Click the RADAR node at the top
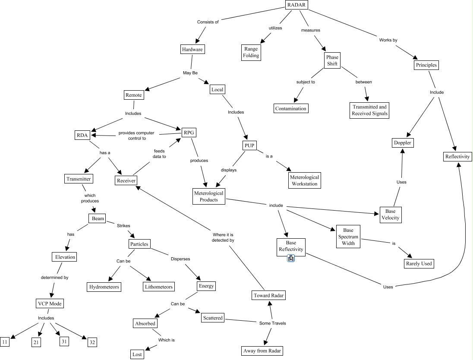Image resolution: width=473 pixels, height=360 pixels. pyautogui.click(x=296, y=5)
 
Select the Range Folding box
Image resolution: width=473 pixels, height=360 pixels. pyautogui.click(x=251, y=52)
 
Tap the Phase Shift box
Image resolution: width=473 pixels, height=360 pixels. pyautogui.click(x=332, y=60)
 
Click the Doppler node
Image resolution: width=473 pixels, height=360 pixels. pyautogui.click(x=403, y=143)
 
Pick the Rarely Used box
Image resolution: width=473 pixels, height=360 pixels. pyautogui.click(x=419, y=263)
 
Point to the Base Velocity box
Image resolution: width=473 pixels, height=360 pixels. pyautogui.click(x=390, y=215)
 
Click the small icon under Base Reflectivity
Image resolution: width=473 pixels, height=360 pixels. pyautogui.click(x=291, y=258)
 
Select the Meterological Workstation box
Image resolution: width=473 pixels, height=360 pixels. pyautogui.click(x=304, y=180)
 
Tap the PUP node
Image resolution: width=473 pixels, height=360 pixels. pyautogui.click(x=249, y=145)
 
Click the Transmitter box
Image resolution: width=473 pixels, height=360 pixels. pyautogui.click(x=79, y=179)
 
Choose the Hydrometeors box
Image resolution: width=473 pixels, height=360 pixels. pyautogui.click(x=104, y=287)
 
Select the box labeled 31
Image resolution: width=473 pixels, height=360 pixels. pyautogui.click(x=64, y=341)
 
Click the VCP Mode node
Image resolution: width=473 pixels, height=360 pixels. pyautogui.click(x=50, y=303)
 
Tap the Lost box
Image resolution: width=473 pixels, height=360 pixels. pyautogui.click(x=137, y=354)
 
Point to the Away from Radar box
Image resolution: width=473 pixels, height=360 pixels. pyautogui.click(x=262, y=351)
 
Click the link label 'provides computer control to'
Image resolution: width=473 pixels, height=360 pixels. pyautogui.click(x=136, y=136)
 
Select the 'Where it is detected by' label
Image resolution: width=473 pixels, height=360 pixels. pyautogui.click(x=223, y=237)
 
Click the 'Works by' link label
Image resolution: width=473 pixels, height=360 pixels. pyautogui.click(x=388, y=40)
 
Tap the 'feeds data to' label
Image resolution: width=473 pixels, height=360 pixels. pyautogui.click(x=159, y=154)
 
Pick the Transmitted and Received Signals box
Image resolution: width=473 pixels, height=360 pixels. pyautogui.click(x=369, y=110)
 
